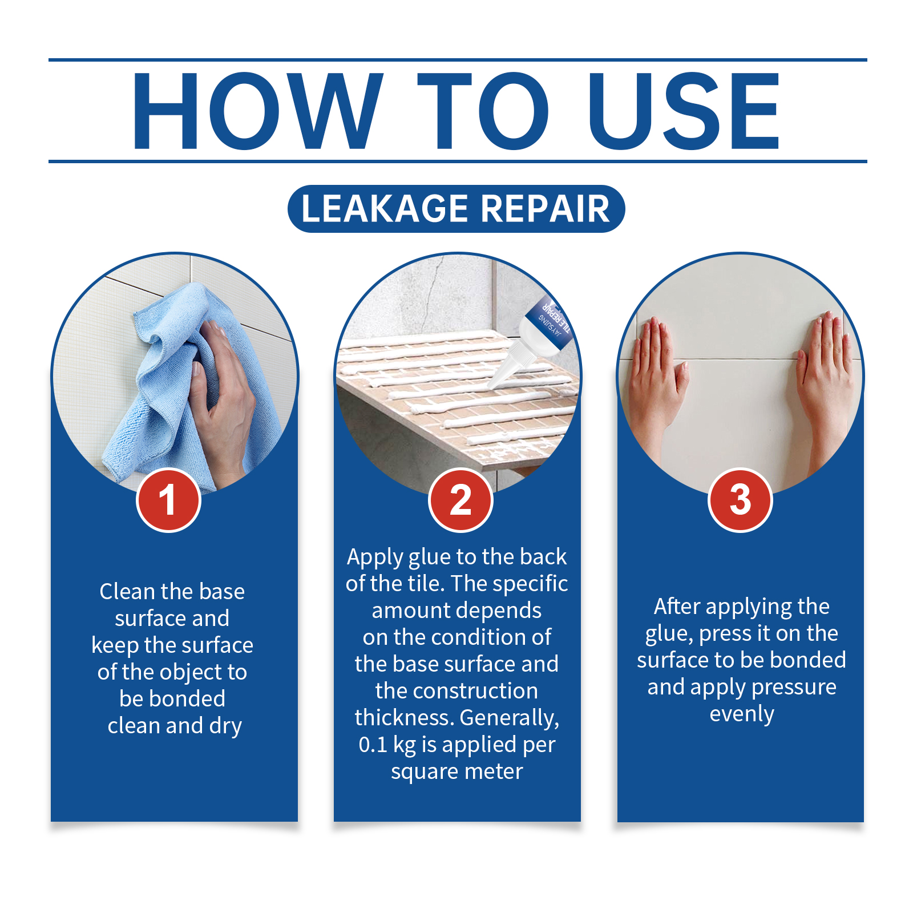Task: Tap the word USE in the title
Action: (x=684, y=111)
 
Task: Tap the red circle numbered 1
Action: (x=168, y=500)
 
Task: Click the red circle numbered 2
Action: (x=460, y=500)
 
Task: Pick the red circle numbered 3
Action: (x=740, y=500)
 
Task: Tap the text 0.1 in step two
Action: (x=373, y=745)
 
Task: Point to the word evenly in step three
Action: (x=742, y=714)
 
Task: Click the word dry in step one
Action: (x=225, y=726)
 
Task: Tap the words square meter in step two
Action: (x=457, y=772)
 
